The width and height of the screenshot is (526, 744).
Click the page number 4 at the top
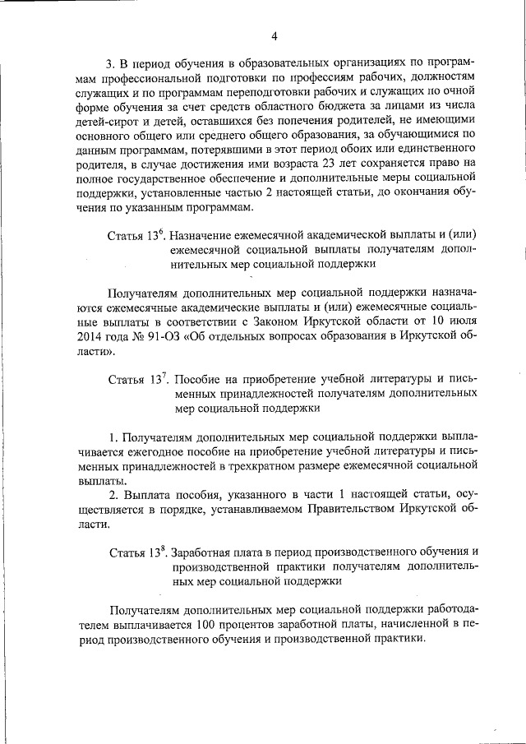pos(275,35)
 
